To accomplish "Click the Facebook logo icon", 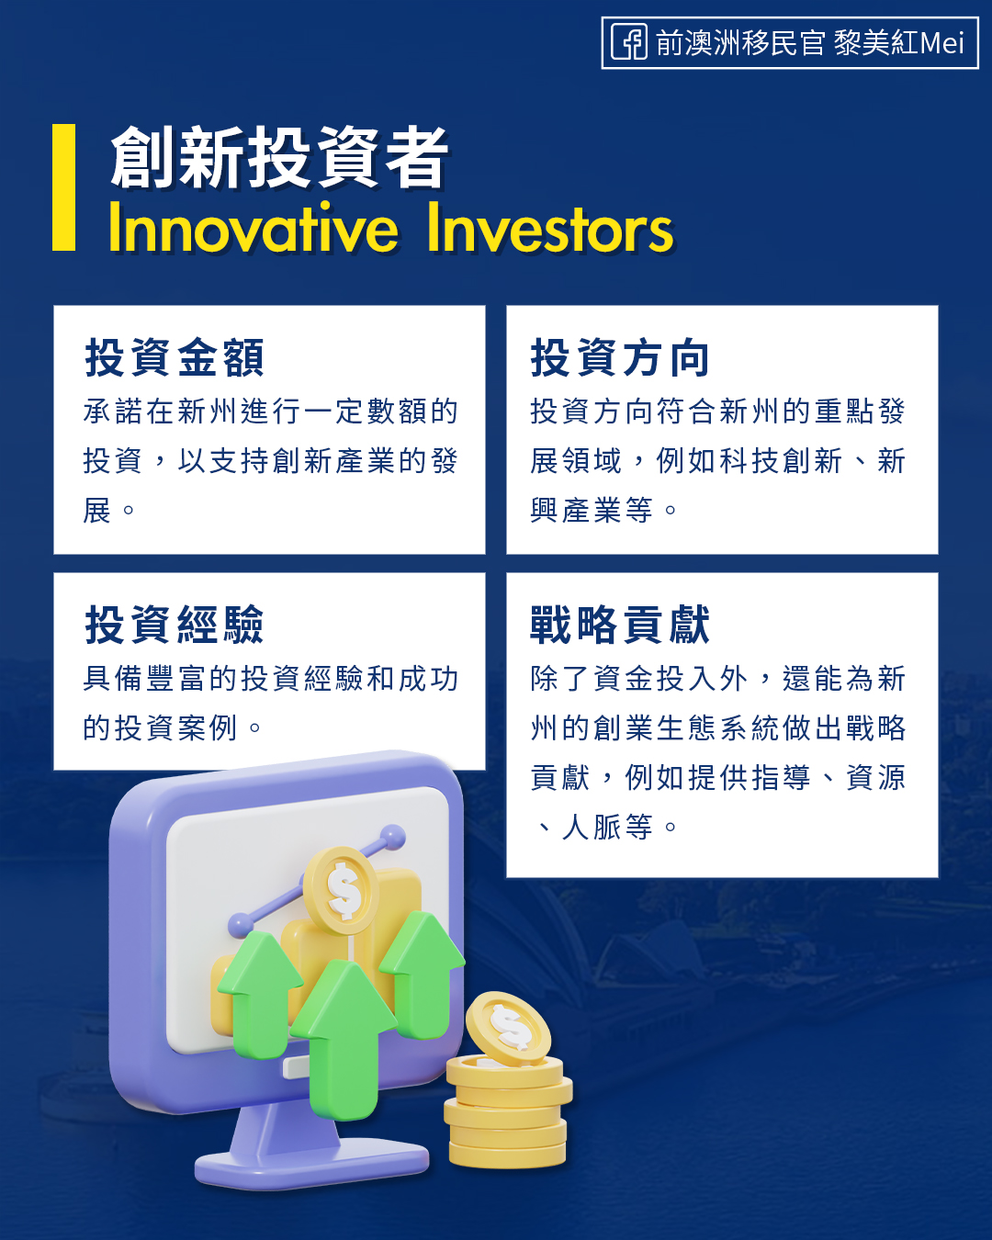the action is coord(629,42).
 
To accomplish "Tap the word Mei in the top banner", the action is coord(941,43).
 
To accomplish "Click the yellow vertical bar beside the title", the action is coord(64,187).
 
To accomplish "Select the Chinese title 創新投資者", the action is coord(279,157).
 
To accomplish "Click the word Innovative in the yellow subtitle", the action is coord(254,228).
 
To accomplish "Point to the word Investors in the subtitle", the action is coord(550,228).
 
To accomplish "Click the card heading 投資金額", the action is coord(175,358).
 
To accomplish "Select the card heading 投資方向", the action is coord(620,358).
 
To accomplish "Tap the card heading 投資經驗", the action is coord(175,625).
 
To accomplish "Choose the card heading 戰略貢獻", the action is coord(620,625).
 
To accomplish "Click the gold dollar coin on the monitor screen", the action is coord(342,890).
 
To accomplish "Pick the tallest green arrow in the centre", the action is coord(344,1040).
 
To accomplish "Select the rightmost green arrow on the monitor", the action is coord(423,974).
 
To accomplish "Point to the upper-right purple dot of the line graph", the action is coord(392,838).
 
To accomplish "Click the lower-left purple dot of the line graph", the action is coord(241,925).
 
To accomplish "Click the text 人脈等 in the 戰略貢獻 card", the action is coord(606,827).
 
